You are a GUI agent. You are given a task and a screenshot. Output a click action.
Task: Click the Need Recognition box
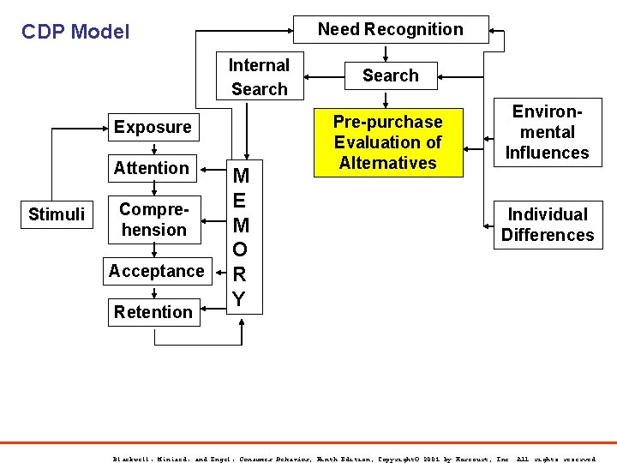(x=391, y=29)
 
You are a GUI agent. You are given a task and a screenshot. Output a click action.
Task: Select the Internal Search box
(x=259, y=77)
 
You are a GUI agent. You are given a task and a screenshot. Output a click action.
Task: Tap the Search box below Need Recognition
(x=390, y=75)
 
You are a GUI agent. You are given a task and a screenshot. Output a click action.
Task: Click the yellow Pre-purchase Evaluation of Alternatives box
(x=387, y=142)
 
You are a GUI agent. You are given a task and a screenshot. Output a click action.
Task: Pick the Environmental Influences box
(x=547, y=132)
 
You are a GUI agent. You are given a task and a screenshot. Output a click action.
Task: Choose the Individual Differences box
(x=547, y=225)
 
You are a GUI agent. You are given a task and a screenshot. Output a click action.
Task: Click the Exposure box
(x=153, y=128)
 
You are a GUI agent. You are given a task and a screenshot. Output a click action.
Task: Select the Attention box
(x=152, y=168)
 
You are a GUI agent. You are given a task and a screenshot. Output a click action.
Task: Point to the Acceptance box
(x=156, y=271)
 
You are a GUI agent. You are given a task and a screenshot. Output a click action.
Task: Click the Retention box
(x=153, y=312)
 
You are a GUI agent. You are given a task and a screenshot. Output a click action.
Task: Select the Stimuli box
(x=57, y=214)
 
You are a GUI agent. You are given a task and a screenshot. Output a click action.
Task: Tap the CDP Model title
(x=75, y=33)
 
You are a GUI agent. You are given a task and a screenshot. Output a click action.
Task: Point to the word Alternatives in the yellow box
(x=387, y=163)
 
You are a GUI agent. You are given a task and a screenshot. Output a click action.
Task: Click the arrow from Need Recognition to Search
(x=391, y=52)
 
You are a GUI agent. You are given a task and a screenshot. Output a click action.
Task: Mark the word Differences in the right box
(x=547, y=235)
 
